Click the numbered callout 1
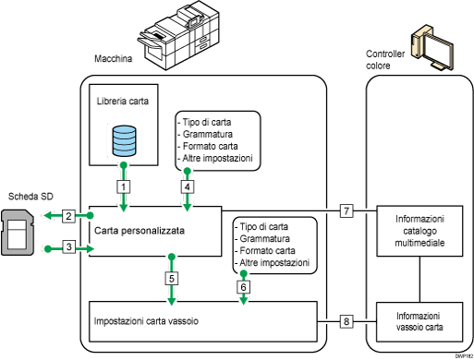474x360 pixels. [122, 186]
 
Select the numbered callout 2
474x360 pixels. [68, 216]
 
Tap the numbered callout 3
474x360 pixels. [68, 246]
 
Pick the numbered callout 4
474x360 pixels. [188, 186]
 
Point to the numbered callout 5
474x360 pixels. [174, 277]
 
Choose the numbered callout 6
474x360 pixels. [244, 286]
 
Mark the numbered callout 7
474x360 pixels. [346, 211]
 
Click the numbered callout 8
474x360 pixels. [346, 321]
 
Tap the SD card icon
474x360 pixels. [18, 232]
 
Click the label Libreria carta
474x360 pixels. [123, 99]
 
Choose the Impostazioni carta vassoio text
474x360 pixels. [148, 320]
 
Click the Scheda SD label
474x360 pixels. [30, 197]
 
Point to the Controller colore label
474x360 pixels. [386, 60]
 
